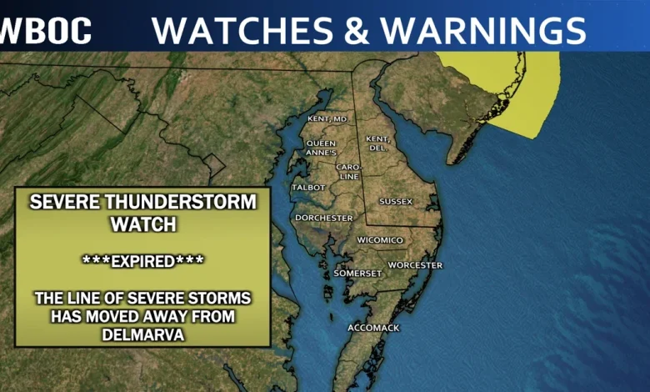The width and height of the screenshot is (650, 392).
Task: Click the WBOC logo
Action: [x=45, y=31]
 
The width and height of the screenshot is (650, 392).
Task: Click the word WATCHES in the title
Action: [x=242, y=31]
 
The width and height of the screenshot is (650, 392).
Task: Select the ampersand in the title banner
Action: [x=352, y=31]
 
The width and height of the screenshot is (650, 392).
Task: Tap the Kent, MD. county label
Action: [x=327, y=119]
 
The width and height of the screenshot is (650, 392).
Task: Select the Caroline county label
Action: [x=348, y=171]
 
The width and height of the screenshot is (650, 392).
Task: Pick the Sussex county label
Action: [x=396, y=201]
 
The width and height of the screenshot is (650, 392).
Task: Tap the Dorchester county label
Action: [x=323, y=218]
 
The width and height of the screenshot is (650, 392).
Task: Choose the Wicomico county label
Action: [x=380, y=240]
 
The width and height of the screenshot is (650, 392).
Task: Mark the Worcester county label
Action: [x=414, y=265]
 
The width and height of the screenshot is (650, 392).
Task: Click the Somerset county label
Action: [x=357, y=273]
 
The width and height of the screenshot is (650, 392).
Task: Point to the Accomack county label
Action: [x=373, y=328]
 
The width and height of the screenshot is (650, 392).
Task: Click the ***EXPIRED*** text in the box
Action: [x=142, y=260]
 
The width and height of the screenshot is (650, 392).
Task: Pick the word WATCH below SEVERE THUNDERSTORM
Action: [x=142, y=223]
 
